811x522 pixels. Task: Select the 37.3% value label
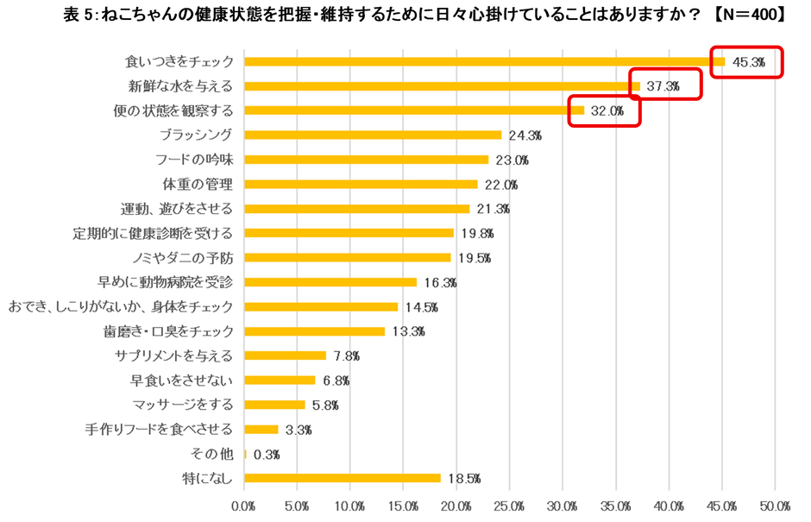[663, 86]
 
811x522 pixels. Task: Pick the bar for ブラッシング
[373, 135]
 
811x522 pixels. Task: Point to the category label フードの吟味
[194, 160]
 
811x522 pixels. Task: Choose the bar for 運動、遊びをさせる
[357, 209]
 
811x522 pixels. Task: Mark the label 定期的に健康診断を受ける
[154, 233]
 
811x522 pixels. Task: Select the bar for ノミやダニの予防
[348, 257]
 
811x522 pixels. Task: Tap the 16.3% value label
[440, 282]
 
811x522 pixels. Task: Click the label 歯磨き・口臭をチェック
[167, 331]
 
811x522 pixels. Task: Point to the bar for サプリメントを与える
[286, 355]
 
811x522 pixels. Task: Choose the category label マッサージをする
[183, 405]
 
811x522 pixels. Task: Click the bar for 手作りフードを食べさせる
[261, 429]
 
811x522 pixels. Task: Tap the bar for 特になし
[343, 478]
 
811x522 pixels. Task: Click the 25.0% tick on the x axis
[510, 505]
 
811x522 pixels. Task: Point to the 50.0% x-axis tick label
[775, 505]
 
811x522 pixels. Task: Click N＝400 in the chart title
[750, 15]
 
